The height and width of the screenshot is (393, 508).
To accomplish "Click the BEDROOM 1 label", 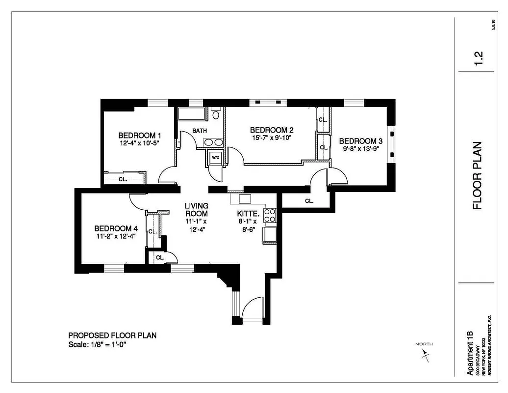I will coord(140,135).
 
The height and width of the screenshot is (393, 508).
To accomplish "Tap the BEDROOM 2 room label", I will coord(272,130).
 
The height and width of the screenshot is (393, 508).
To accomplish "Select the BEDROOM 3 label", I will coord(361,140).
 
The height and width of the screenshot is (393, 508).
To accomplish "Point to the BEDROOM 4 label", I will coord(116,228).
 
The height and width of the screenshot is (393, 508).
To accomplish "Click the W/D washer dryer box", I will coord(216,158).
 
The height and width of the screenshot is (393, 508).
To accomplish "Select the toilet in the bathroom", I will coord(216,115).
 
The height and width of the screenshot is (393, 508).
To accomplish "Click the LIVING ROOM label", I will coord(196,210).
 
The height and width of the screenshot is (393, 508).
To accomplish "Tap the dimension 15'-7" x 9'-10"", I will coord(272,138).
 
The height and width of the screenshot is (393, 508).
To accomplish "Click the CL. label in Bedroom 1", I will coord(123,179).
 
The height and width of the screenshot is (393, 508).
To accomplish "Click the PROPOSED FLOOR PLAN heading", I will coord(112,336).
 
